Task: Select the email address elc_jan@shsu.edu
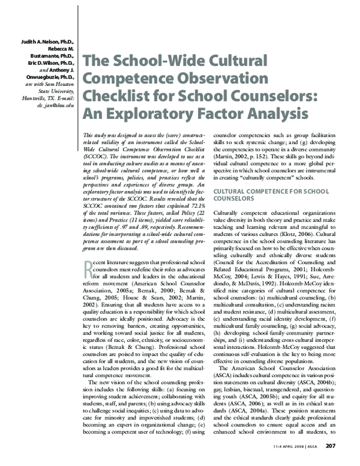coord(52,105)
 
